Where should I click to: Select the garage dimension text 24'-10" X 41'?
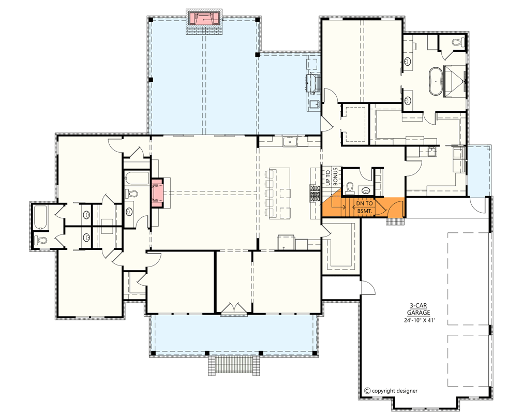pyautogui.click(x=420, y=320)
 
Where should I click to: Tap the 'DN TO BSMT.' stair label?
pyautogui.click(x=364, y=207)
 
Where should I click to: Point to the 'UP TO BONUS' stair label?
pyautogui.click(x=331, y=177)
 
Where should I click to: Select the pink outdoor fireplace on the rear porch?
pyautogui.click(x=204, y=19)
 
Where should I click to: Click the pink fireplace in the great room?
pyautogui.click(x=158, y=192)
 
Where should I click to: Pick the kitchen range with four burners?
pyautogui.click(x=315, y=193)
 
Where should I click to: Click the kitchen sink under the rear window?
pyautogui.click(x=290, y=141)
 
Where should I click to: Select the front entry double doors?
pyautogui.click(x=233, y=308)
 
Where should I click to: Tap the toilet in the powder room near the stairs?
pyautogui.click(x=350, y=187)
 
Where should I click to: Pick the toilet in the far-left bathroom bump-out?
pyautogui.click(x=41, y=240)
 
